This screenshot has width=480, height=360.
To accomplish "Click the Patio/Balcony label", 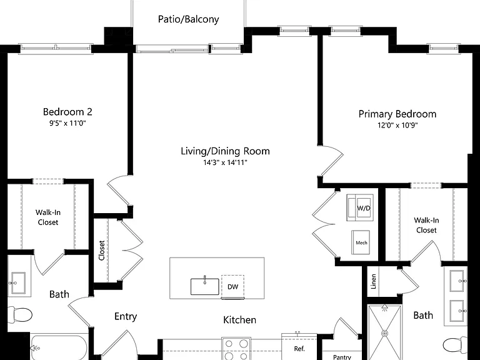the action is (188, 19).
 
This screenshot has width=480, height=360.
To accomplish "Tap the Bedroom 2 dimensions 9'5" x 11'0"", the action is (67, 123).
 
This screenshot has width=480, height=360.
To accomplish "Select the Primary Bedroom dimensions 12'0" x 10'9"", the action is (397, 125).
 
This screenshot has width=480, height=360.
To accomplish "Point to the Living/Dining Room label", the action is (225, 151).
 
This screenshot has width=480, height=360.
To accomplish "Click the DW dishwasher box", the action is (232, 286).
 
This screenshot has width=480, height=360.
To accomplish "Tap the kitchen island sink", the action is (205, 286).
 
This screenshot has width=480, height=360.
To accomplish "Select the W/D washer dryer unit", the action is (360, 207).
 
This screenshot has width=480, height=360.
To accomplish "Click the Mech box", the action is (361, 242).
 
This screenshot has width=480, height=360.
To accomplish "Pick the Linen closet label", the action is (374, 281).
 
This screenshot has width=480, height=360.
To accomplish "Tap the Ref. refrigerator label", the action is (299, 349).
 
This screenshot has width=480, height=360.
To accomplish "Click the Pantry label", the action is (342, 357).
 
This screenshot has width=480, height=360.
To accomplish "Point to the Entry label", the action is (126, 316).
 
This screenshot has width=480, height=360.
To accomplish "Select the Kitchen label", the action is (240, 320).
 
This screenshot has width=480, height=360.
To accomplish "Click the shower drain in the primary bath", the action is (385, 333).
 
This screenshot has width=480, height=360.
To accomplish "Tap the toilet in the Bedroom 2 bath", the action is (19, 314).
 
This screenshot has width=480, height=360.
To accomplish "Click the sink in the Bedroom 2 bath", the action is (18, 283).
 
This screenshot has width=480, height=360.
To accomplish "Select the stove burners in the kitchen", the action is (236, 349).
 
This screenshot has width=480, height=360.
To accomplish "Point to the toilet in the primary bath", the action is (455, 346).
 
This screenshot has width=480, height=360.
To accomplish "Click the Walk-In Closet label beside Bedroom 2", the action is (48, 217).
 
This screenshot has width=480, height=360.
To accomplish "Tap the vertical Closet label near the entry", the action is (102, 251).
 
